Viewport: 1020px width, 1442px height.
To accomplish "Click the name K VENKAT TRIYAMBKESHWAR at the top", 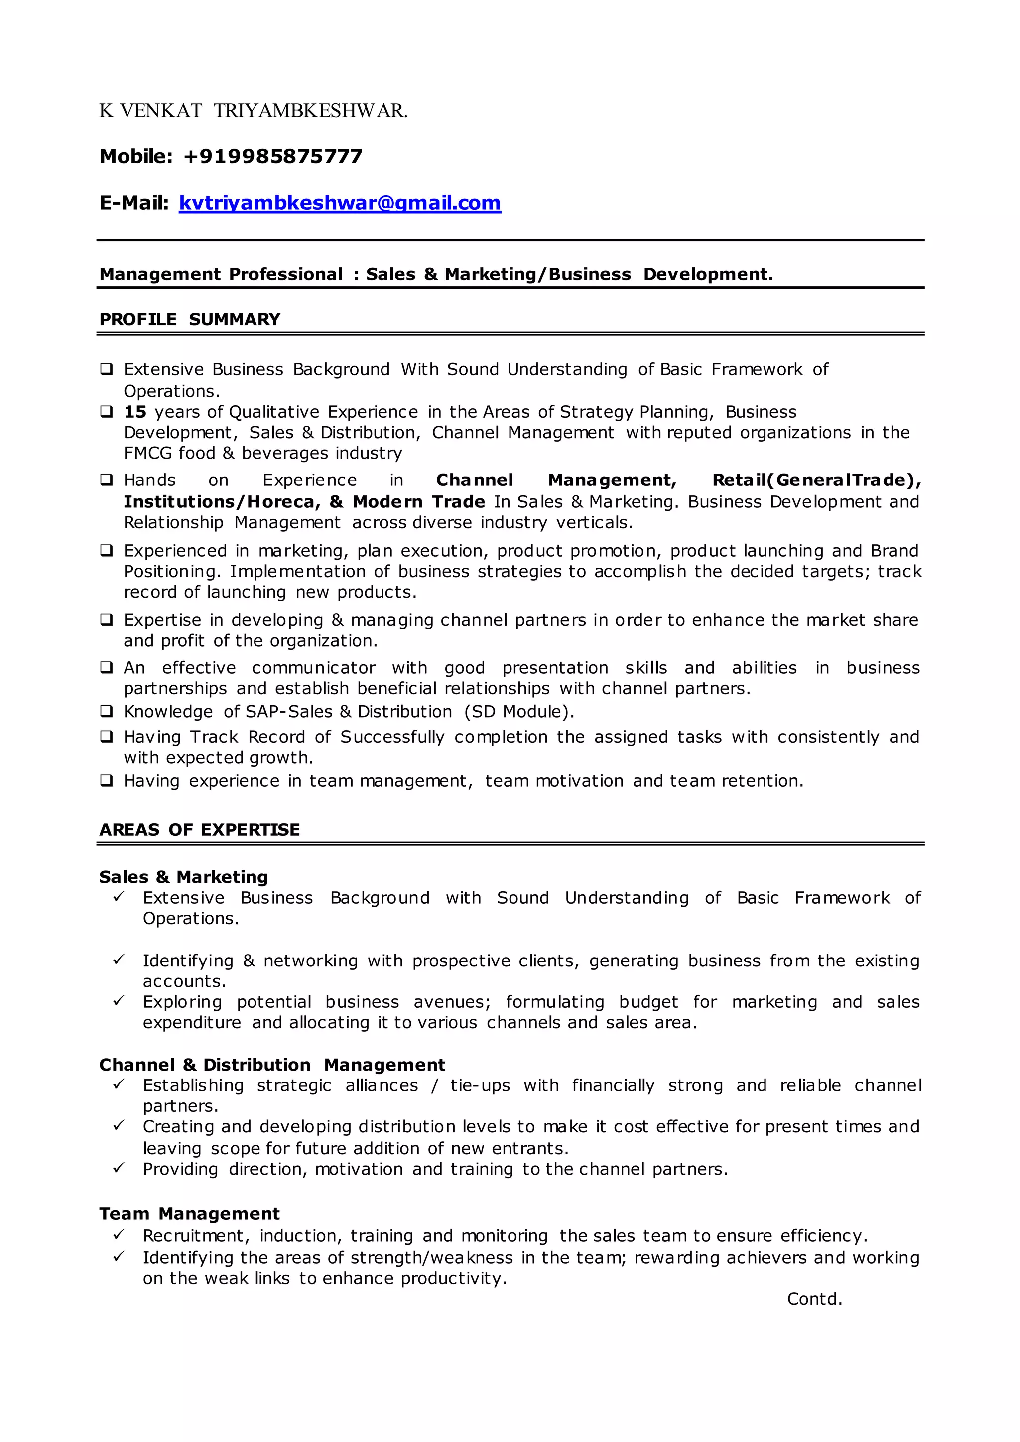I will [x=253, y=111].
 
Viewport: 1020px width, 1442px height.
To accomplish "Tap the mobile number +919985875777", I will [x=272, y=156].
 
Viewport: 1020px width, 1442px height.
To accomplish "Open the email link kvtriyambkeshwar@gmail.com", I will [x=340, y=203].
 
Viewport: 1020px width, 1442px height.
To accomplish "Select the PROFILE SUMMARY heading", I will [x=190, y=319].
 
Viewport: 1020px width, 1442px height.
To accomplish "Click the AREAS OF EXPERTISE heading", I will [x=199, y=830].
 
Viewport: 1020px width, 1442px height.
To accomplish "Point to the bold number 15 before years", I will [x=135, y=412].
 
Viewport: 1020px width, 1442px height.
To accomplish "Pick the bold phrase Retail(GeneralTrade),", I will [x=816, y=481].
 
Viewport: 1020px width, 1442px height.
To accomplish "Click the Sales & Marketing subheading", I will [x=183, y=877].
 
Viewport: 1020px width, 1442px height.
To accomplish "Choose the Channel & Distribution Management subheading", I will [x=272, y=1065].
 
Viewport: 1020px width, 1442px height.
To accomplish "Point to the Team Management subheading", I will [x=189, y=1213].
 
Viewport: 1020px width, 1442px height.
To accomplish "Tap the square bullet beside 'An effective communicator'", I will [x=106, y=667].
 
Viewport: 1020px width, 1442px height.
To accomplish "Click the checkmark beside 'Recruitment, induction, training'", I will [x=118, y=1235].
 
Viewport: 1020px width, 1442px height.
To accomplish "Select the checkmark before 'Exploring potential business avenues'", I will [x=118, y=1001].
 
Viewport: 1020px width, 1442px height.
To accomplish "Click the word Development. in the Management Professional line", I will [x=708, y=274].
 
